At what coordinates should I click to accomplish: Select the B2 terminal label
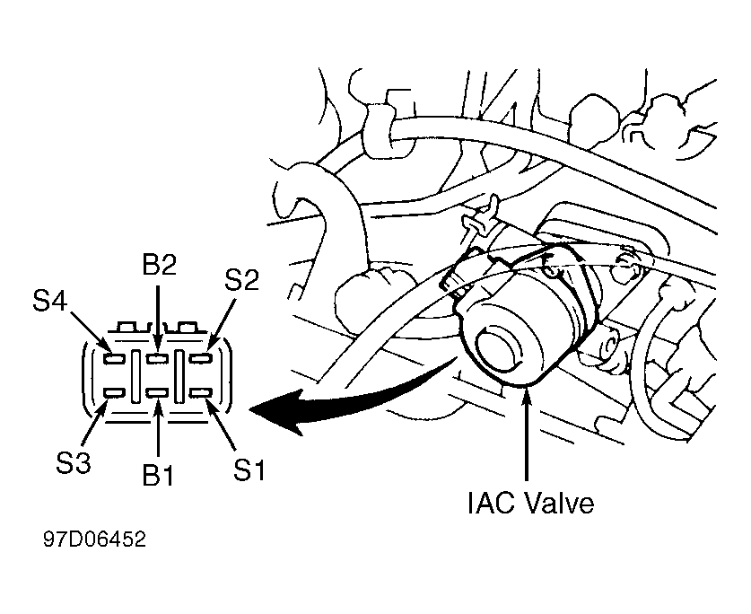click(x=159, y=265)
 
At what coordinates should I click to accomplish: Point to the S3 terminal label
click(x=74, y=463)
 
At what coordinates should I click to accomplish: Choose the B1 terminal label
click(x=159, y=475)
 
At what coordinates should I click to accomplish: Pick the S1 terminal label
click(x=249, y=469)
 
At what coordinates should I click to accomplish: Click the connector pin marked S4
click(x=115, y=357)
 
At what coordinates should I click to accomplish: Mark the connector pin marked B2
click(x=158, y=357)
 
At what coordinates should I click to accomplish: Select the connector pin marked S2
click(x=200, y=357)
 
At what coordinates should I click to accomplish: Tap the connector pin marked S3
click(x=115, y=393)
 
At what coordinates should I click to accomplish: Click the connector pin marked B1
click(x=158, y=393)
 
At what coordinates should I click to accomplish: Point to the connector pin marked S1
click(x=200, y=393)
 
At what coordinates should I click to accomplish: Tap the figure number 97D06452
click(x=94, y=539)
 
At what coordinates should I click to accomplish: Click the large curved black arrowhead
click(x=278, y=411)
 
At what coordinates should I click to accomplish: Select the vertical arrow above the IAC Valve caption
click(x=527, y=433)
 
